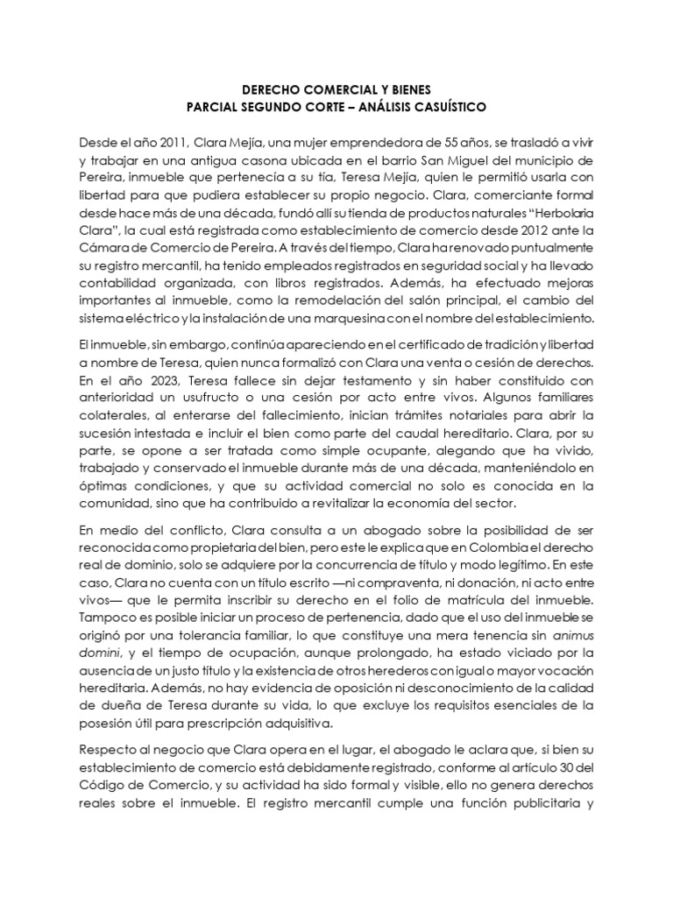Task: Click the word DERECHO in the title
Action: coord(270,88)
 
